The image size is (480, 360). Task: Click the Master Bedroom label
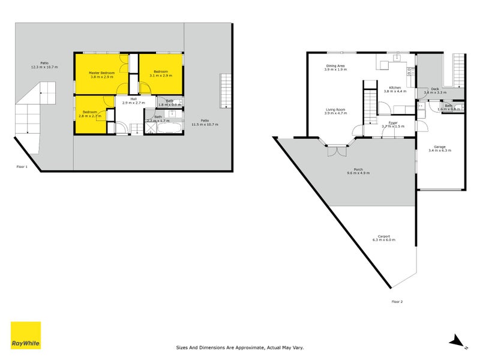click(x=101, y=73)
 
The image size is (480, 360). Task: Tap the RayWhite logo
click(x=26, y=335)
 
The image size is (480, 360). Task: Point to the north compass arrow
click(x=459, y=341)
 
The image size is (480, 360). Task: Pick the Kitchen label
click(x=395, y=88)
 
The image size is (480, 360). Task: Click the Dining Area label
click(x=335, y=65)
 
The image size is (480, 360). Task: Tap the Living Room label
click(x=335, y=110)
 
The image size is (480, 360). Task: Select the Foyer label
click(x=393, y=122)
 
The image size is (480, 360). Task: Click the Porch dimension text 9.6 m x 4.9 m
click(x=358, y=173)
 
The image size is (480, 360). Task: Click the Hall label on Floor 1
click(x=133, y=99)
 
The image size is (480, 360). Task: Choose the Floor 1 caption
click(x=22, y=167)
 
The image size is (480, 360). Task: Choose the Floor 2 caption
click(x=397, y=301)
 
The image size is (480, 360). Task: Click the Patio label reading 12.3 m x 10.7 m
click(x=44, y=63)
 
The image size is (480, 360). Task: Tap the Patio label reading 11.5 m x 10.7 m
click(x=205, y=121)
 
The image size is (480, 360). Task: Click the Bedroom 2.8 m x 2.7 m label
click(x=90, y=112)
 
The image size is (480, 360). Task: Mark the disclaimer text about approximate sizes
click(x=240, y=347)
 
